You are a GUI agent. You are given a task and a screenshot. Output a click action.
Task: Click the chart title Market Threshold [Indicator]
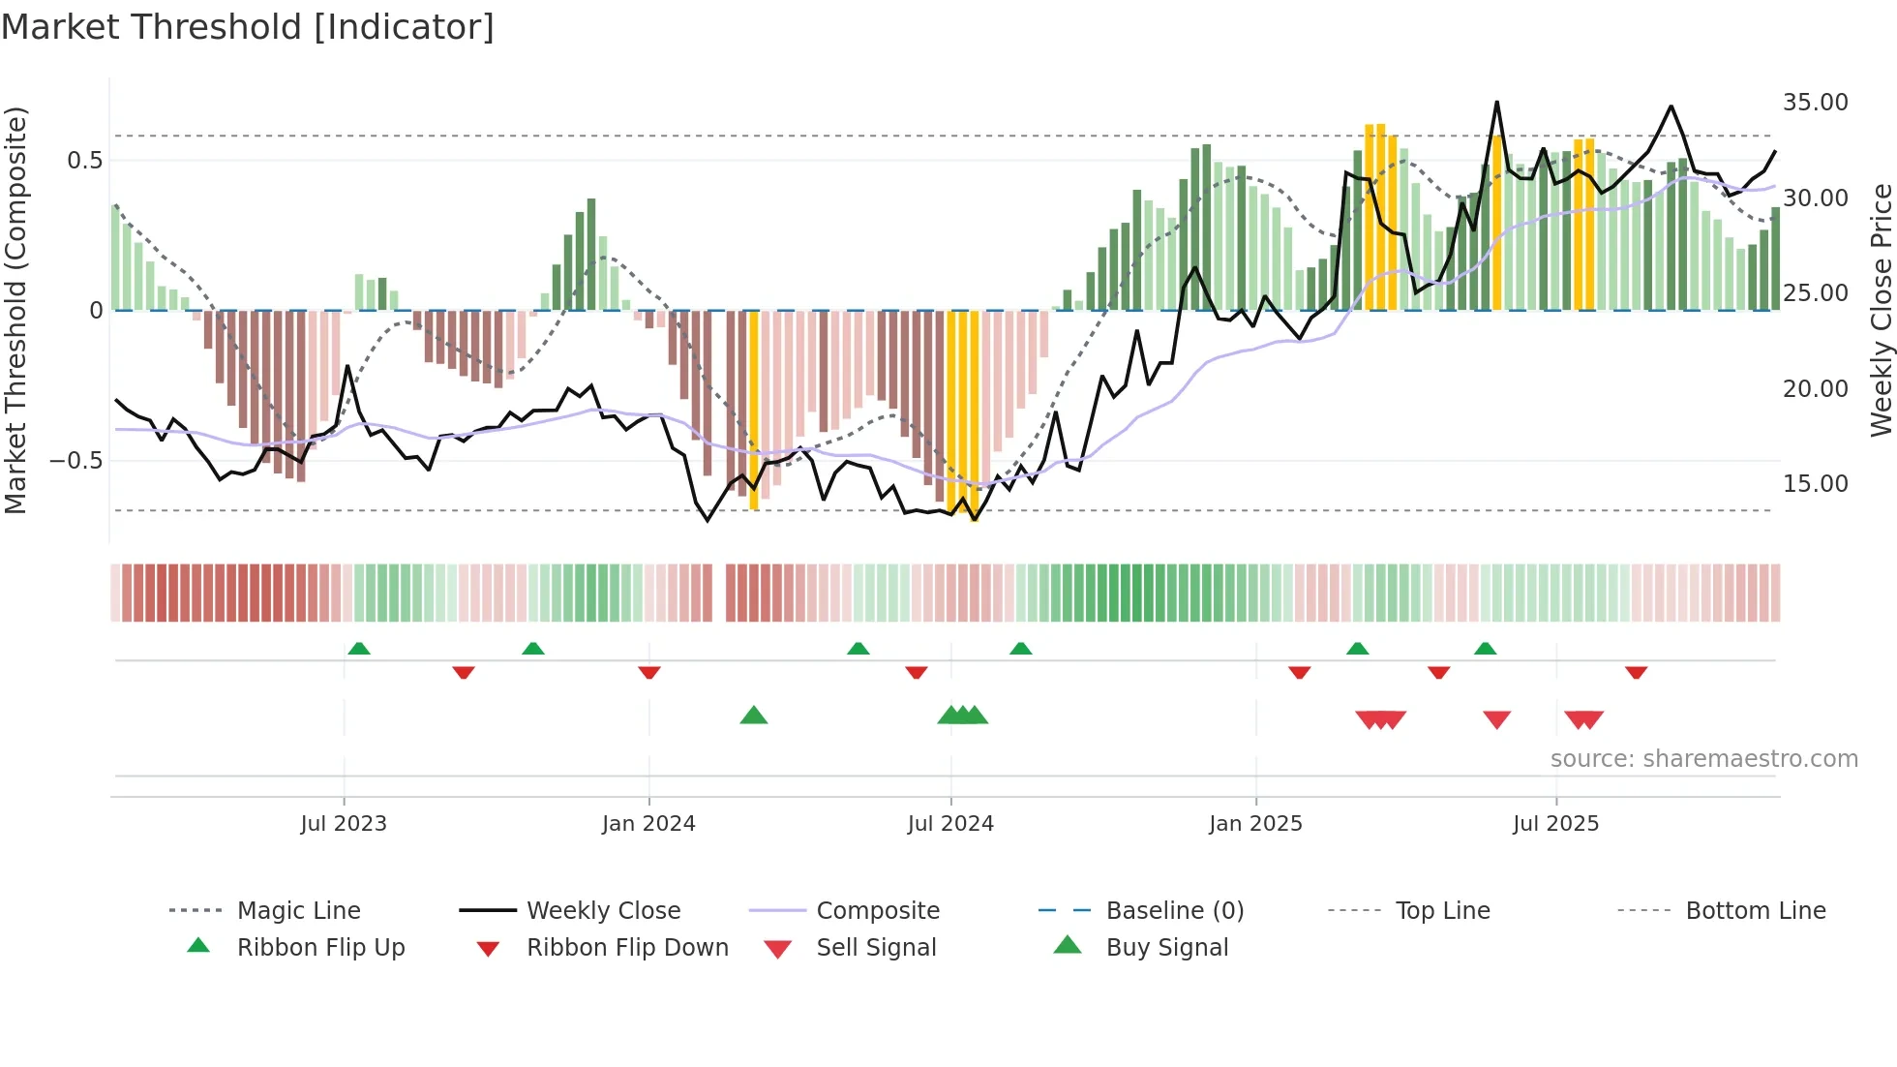[x=248, y=27]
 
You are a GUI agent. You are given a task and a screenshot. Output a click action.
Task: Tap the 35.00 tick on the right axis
[x=1815, y=103]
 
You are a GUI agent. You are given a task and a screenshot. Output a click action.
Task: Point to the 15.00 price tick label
[x=1815, y=484]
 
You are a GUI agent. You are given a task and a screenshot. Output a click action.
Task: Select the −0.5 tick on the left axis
[x=76, y=461]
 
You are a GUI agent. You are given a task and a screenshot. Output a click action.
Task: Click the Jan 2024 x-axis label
[x=648, y=824]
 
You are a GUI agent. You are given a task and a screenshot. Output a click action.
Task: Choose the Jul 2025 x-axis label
[x=1555, y=824]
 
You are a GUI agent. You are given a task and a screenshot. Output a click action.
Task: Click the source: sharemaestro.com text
[x=1703, y=759]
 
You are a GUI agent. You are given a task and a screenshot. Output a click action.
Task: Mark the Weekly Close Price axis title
[x=1881, y=310]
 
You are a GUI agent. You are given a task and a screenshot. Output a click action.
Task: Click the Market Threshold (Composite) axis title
[x=16, y=310]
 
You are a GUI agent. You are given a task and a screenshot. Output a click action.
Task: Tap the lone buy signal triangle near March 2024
[x=753, y=716]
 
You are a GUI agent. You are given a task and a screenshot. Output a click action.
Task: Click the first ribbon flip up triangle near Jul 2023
[x=359, y=648]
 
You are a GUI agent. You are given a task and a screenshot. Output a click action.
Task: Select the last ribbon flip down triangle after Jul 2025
[x=1636, y=673]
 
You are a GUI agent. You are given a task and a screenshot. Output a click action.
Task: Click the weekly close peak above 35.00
[x=1496, y=102]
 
